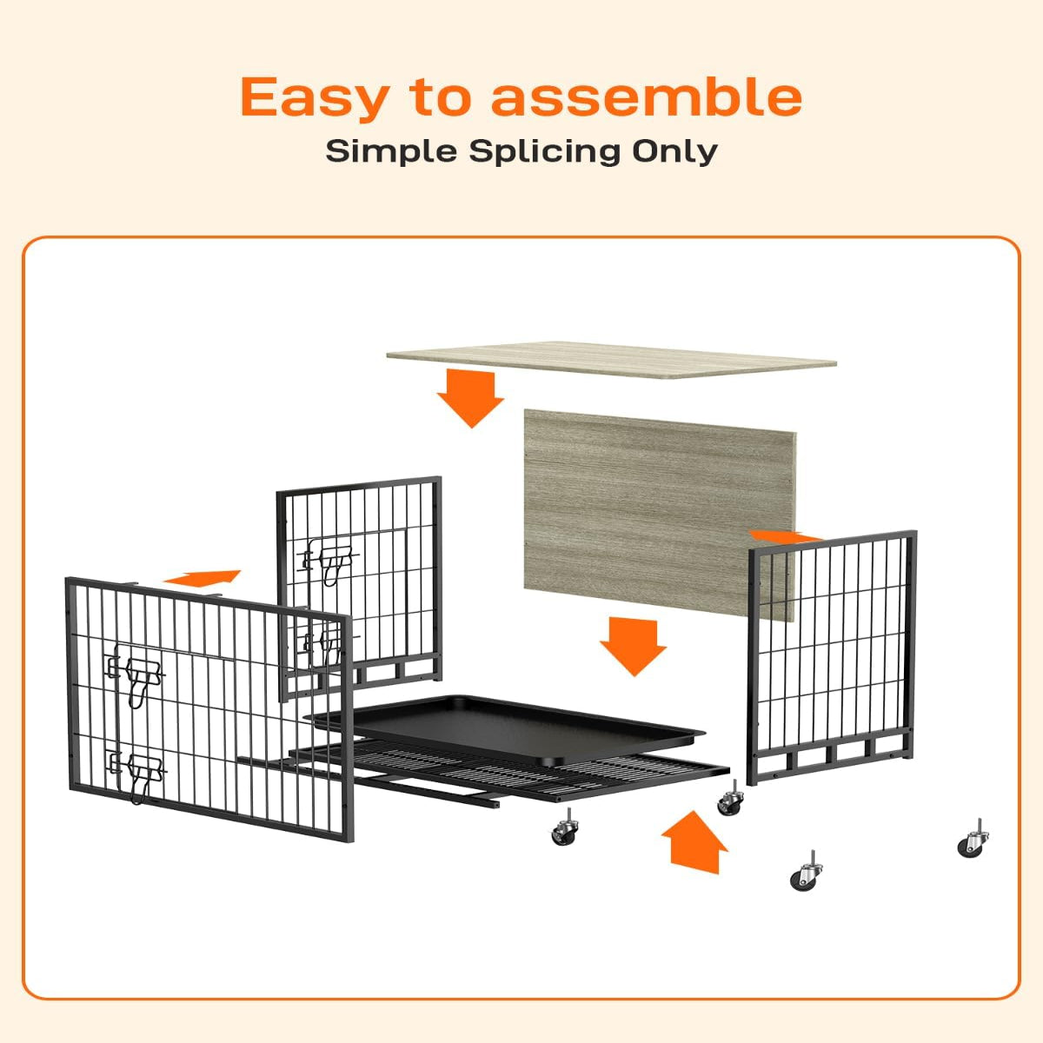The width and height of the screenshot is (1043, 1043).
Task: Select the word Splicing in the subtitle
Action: point(544,153)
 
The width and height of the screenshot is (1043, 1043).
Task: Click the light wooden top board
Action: point(611,359)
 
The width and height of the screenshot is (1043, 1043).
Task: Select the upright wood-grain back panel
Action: point(659,515)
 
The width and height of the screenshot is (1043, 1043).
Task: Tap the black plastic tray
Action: point(506,728)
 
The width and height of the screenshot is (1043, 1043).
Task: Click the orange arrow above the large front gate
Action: point(203,578)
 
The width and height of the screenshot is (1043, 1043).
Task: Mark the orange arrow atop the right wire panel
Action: point(786,536)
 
